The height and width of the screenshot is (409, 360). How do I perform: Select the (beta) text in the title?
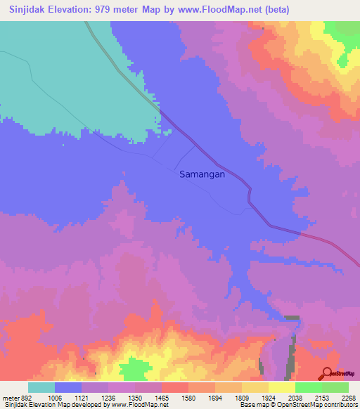(x=274, y=9)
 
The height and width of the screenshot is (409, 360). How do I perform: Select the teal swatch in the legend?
(x=41, y=387)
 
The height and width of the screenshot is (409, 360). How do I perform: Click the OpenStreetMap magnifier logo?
(x=327, y=373)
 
